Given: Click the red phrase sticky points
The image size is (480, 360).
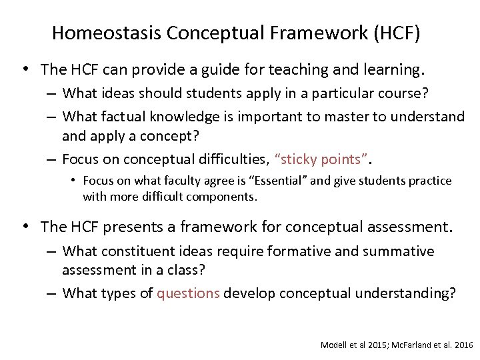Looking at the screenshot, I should [x=323, y=159].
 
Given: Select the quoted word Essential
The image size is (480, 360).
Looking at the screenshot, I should [x=281, y=181].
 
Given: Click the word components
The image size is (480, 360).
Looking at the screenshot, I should [x=225, y=197].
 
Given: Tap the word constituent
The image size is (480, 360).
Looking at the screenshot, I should [x=139, y=251].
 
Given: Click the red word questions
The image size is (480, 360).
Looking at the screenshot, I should [x=188, y=293].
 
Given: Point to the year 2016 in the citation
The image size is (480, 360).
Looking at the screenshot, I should [x=461, y=345].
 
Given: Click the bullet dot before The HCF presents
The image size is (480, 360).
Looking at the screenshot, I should [x=25, y=227].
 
